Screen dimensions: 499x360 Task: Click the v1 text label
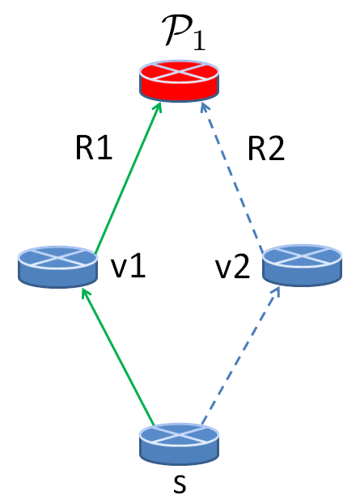[127, 267]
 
